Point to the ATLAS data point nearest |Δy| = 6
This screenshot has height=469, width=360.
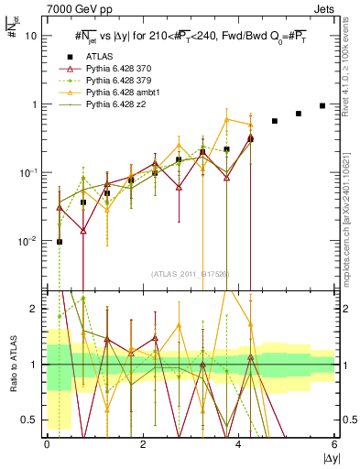[x=322, y=105]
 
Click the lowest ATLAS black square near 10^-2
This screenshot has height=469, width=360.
[x=60, y=242]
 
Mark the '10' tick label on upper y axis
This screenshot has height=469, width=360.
[x=31, y=37]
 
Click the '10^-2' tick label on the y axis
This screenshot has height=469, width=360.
[x=27, y=241]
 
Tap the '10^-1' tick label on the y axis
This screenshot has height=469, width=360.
[x=27, y=173]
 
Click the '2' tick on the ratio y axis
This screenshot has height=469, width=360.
[x=35, y=309]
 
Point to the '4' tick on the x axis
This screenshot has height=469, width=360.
[x=239, y=444]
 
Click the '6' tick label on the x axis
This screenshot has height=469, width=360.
[x=335, y=444]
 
